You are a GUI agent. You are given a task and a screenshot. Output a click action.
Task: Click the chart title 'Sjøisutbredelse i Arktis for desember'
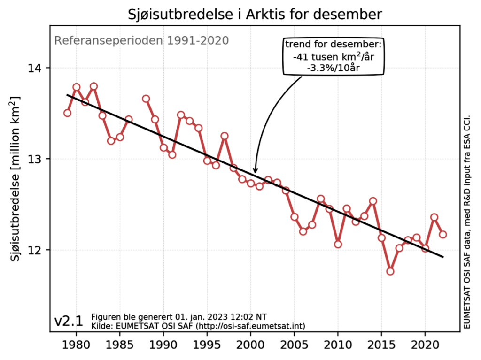click(255, 14)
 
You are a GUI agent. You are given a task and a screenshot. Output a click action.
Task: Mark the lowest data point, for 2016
click(390, 271)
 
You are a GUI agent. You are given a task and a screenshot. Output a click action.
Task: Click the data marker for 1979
click(67, 113)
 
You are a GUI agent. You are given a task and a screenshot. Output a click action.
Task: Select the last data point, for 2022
click(442, 234)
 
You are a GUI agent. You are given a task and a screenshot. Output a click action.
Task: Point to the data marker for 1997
click(225, 136)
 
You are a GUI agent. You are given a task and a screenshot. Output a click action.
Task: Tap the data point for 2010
click(338, 244)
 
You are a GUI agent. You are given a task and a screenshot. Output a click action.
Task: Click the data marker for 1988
click(146, 99)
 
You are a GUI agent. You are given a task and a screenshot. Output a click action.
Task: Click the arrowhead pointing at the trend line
click(255, 170)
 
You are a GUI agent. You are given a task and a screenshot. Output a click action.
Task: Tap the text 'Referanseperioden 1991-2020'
click(141, 40)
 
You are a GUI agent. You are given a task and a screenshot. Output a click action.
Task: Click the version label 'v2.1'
click(69, 321)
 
